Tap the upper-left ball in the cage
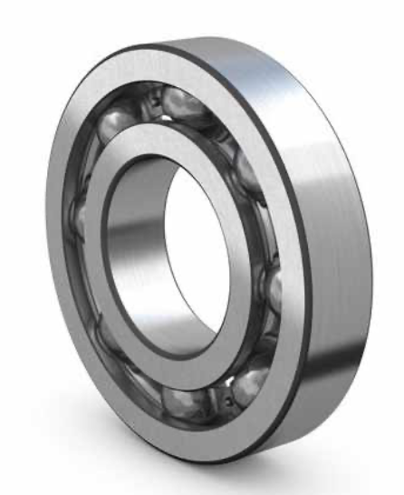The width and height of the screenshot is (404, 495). pos(119,128)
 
